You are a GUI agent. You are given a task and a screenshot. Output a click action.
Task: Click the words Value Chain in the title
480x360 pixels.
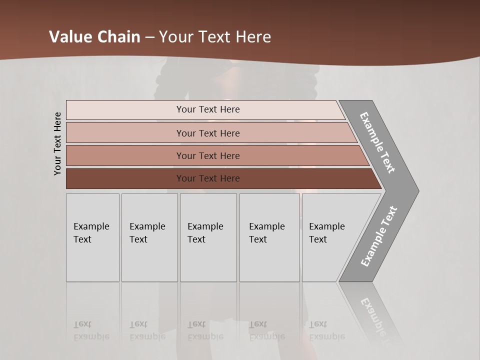click(94, 37)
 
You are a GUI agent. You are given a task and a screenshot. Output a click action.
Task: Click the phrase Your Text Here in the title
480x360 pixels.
click(215, 37)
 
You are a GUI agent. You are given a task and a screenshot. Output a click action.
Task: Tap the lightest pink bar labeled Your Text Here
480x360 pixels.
click(207, 109)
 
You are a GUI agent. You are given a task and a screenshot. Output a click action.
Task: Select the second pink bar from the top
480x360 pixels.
click(207, 133)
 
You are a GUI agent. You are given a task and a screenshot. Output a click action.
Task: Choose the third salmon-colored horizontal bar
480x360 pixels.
click(207, 155)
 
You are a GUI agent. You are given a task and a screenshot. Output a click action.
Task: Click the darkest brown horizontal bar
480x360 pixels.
click(207, 178)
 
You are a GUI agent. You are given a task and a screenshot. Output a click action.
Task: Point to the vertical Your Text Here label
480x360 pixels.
click(57, 143)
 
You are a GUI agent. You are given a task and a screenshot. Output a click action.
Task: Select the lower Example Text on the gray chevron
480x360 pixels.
click(379, 236)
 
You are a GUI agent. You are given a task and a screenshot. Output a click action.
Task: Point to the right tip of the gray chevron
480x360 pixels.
click(417, 190)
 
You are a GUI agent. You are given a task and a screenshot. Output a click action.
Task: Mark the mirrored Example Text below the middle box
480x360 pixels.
click(205, 330)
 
